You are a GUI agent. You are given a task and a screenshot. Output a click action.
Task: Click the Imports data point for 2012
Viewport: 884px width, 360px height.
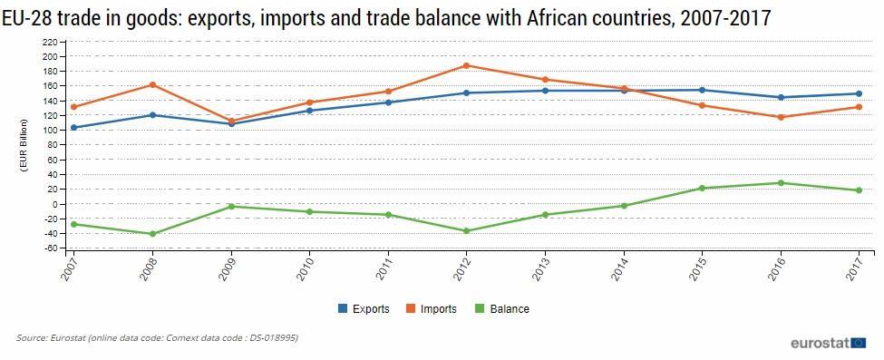[466, 65]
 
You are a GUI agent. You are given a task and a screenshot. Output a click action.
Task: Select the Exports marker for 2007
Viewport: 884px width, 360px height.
[73, 128]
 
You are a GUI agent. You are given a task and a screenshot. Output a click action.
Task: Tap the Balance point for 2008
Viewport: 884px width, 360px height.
[152, 234]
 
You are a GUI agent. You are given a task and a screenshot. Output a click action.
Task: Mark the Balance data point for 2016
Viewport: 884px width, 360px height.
[781, 183]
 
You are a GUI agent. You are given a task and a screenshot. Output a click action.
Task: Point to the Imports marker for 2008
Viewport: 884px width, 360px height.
[152, 84]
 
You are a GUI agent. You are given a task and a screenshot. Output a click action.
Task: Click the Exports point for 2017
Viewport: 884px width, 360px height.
[860, 93]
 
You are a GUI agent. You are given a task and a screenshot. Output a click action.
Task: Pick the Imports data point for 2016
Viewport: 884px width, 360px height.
[781, 117]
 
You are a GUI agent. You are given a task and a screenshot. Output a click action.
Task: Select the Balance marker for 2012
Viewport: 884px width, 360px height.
[466, 231]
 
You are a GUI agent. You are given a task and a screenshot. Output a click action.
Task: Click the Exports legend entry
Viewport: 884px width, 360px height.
[364, 308]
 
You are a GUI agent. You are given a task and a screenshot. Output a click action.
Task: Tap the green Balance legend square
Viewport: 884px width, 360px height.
[480, 308]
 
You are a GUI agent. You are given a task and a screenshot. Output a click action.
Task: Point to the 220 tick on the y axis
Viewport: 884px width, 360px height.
[51, 42]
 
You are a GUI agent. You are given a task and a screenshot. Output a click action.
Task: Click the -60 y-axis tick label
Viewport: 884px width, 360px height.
[51, 248]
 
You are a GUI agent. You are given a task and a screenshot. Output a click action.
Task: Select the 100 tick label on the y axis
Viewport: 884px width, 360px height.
[51, 131]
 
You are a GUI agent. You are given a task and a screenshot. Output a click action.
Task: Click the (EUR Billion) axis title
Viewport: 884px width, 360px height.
[24, 145]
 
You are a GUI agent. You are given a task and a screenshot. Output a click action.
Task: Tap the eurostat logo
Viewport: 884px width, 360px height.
[828, 343]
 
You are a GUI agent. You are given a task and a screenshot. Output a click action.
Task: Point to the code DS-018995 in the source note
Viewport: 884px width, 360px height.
[276, 338]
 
